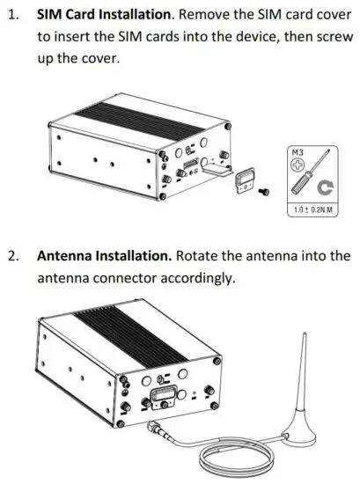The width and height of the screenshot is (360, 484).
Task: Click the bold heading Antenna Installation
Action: [x=103, y=256]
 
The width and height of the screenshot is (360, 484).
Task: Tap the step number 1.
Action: [x=13, y=15]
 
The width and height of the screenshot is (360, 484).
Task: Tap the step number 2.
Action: [x=13, y=256]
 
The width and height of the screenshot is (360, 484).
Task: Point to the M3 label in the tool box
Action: [x=297, y=152]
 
